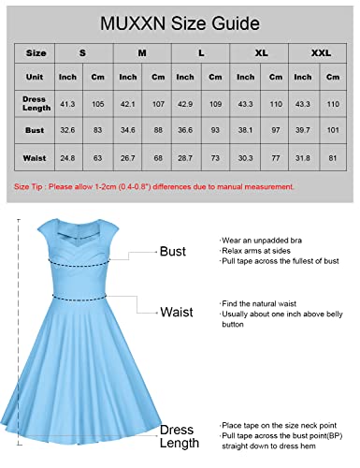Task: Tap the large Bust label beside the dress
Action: pos(172,252)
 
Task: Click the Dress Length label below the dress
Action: pos(177,436)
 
